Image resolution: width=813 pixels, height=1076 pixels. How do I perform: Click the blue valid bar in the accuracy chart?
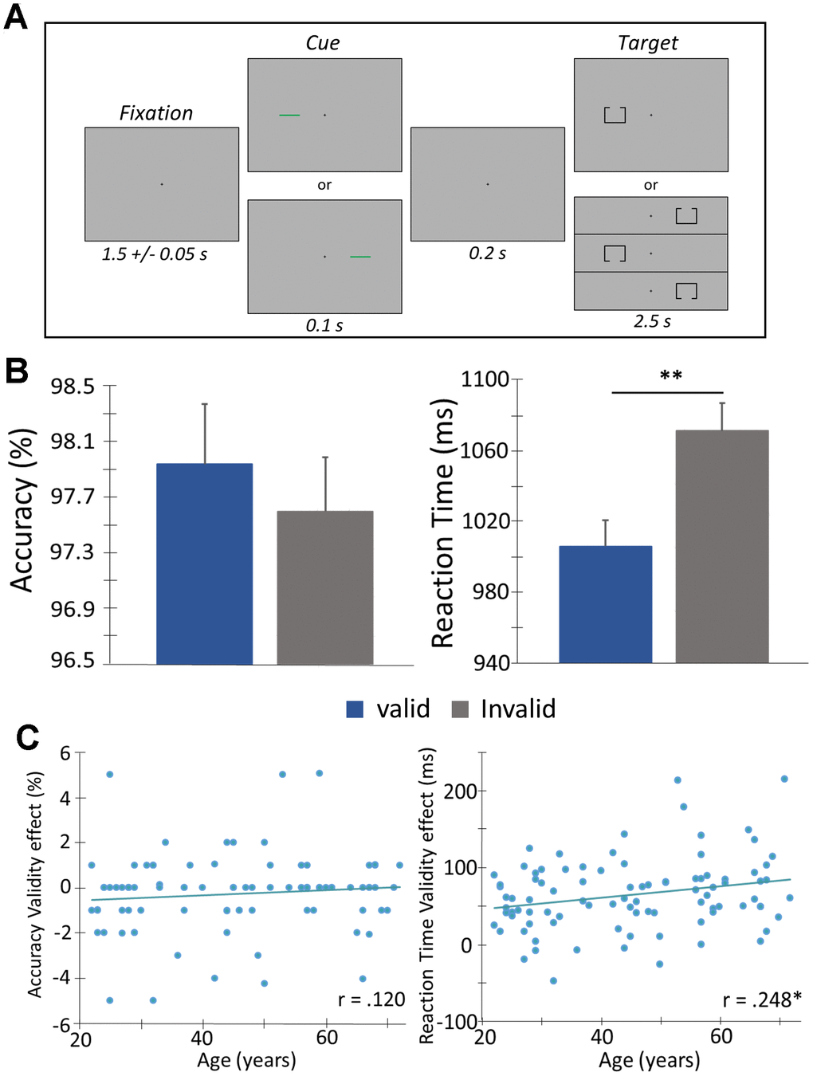(x=204, y=563)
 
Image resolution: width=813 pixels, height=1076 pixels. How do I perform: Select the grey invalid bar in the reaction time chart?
(x=722, y=546)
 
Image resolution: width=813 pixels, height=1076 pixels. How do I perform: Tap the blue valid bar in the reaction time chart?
(x=605, y=603)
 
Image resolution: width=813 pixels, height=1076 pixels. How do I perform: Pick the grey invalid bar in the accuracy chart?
(x=324, y=587)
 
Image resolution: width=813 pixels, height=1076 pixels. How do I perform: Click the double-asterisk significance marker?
(x=671, y=375)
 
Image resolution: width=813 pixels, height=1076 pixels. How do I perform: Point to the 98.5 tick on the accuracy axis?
(x=73, y=387)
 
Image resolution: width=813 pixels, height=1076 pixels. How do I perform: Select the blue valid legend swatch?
(x=355, y=709)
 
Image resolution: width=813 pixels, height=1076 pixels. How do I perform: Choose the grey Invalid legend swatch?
(x=460, y=709)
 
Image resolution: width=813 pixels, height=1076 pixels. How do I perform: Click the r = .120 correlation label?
(x=371, y=999)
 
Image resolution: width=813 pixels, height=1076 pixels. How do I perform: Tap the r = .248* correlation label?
(x=762, y=999)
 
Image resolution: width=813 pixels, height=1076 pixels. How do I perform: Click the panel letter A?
(x=15, y=16)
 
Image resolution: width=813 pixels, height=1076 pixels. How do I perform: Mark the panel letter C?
(x=28, y=737)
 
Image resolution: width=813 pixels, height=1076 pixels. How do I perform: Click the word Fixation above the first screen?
(x=156, y=113)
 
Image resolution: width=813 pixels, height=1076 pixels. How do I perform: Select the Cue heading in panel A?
(x=323, y=43)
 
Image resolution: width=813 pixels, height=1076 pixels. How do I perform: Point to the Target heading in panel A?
(x=648, y=43)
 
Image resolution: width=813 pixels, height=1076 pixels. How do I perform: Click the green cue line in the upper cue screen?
(x=289, y=116)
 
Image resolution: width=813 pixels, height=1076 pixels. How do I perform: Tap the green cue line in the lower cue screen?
(x=360, y=257)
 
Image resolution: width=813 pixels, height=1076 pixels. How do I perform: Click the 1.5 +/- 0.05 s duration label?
(x=155, y=254)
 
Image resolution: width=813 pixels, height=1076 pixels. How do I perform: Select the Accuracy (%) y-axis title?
(x=22, y=510)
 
